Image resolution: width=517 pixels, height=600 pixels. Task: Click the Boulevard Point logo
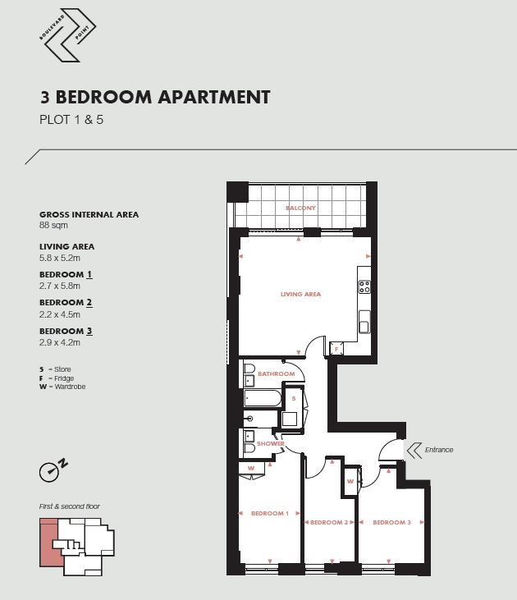click(x=67, y=35)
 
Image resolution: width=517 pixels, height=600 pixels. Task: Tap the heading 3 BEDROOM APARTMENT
click(x=155, y=97)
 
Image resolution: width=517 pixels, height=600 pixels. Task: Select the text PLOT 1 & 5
click(x=71, y=120)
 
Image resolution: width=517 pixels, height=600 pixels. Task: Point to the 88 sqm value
click(x=53, y=225)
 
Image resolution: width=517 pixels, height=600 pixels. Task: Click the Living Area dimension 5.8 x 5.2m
click(x=60, y=258)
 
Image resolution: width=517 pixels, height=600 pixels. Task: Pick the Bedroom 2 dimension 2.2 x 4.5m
click(x=60, y=314)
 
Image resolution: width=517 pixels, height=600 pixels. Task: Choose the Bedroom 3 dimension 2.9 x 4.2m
click(x=60, y=342)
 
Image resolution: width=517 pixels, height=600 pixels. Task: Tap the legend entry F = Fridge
click(x=57, y=378)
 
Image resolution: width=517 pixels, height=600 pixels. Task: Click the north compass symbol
click(x=53, y=469)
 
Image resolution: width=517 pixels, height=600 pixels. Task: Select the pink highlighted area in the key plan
click(x=49, y=543)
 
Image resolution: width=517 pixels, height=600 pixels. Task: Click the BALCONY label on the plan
click(x=301, y=208)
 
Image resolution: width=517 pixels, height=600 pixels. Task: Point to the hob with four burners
click(x=364, y=287)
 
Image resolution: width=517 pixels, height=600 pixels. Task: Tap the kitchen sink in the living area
click(x=364, y=322)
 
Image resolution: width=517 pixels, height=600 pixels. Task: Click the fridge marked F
click(x=336, y=349)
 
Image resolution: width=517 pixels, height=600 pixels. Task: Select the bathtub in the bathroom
click(x=263, y=398)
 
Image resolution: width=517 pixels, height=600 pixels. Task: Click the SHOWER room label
click(x=271, y=443)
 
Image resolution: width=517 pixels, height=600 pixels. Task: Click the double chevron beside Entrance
click(x=414, y=451)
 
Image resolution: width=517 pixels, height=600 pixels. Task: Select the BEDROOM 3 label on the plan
click(x=392, y=522)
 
